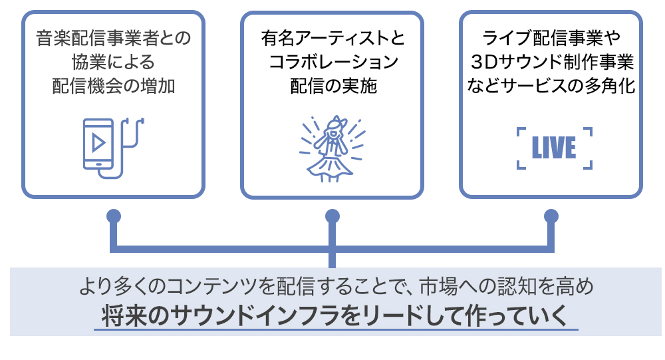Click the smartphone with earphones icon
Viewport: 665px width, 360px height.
click(112, 147)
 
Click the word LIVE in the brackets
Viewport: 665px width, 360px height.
click(553, 148)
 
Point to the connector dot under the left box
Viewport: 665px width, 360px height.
click(113, 216)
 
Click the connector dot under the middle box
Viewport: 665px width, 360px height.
click(332, 216)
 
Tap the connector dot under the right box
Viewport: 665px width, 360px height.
click(551, 216)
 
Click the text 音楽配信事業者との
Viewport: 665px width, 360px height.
click(113, 39)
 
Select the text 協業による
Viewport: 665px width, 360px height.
click(113, 63)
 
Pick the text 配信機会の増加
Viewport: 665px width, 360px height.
click(113, 87)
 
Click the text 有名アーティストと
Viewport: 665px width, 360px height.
click(332, 39)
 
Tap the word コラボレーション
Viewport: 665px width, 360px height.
click(332, 63)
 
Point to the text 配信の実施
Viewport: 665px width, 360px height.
click(332, 87)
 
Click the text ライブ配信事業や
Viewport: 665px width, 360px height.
click(551, 39)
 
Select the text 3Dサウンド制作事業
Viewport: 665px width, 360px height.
click(551, 63)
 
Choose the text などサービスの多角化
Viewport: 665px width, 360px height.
click(551, 87)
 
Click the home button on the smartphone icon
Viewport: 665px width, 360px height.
click(99, 162)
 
